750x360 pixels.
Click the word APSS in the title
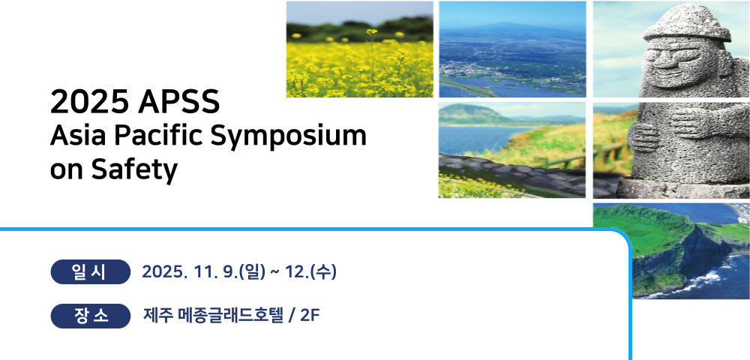point(179,102)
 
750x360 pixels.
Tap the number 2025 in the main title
point(89,102)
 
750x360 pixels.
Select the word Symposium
point(289,137)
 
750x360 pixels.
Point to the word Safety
point(134,169)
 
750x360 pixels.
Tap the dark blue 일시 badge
point(91,272)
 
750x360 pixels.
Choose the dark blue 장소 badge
point(91,316)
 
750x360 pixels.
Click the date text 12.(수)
point(310,272)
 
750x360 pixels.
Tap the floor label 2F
point(310,316)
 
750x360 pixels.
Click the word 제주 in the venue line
point(157,316)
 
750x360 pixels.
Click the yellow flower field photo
point(360,49)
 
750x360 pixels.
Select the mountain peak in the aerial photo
point(502,24)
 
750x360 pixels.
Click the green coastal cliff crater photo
point(671,250)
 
